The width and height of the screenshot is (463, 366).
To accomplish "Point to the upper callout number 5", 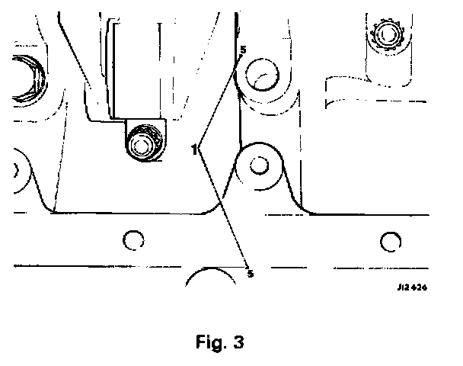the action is pyautogui.click(x=242, y=50).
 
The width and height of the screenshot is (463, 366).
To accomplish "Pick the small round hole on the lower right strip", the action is pyautogui.click(x=390, y=242).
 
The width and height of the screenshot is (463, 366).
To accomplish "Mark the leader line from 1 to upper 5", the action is pyautogui.click(x=219, y=99).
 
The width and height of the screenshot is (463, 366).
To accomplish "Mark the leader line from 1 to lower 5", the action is pyautogui.click(x=222, y=207).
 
